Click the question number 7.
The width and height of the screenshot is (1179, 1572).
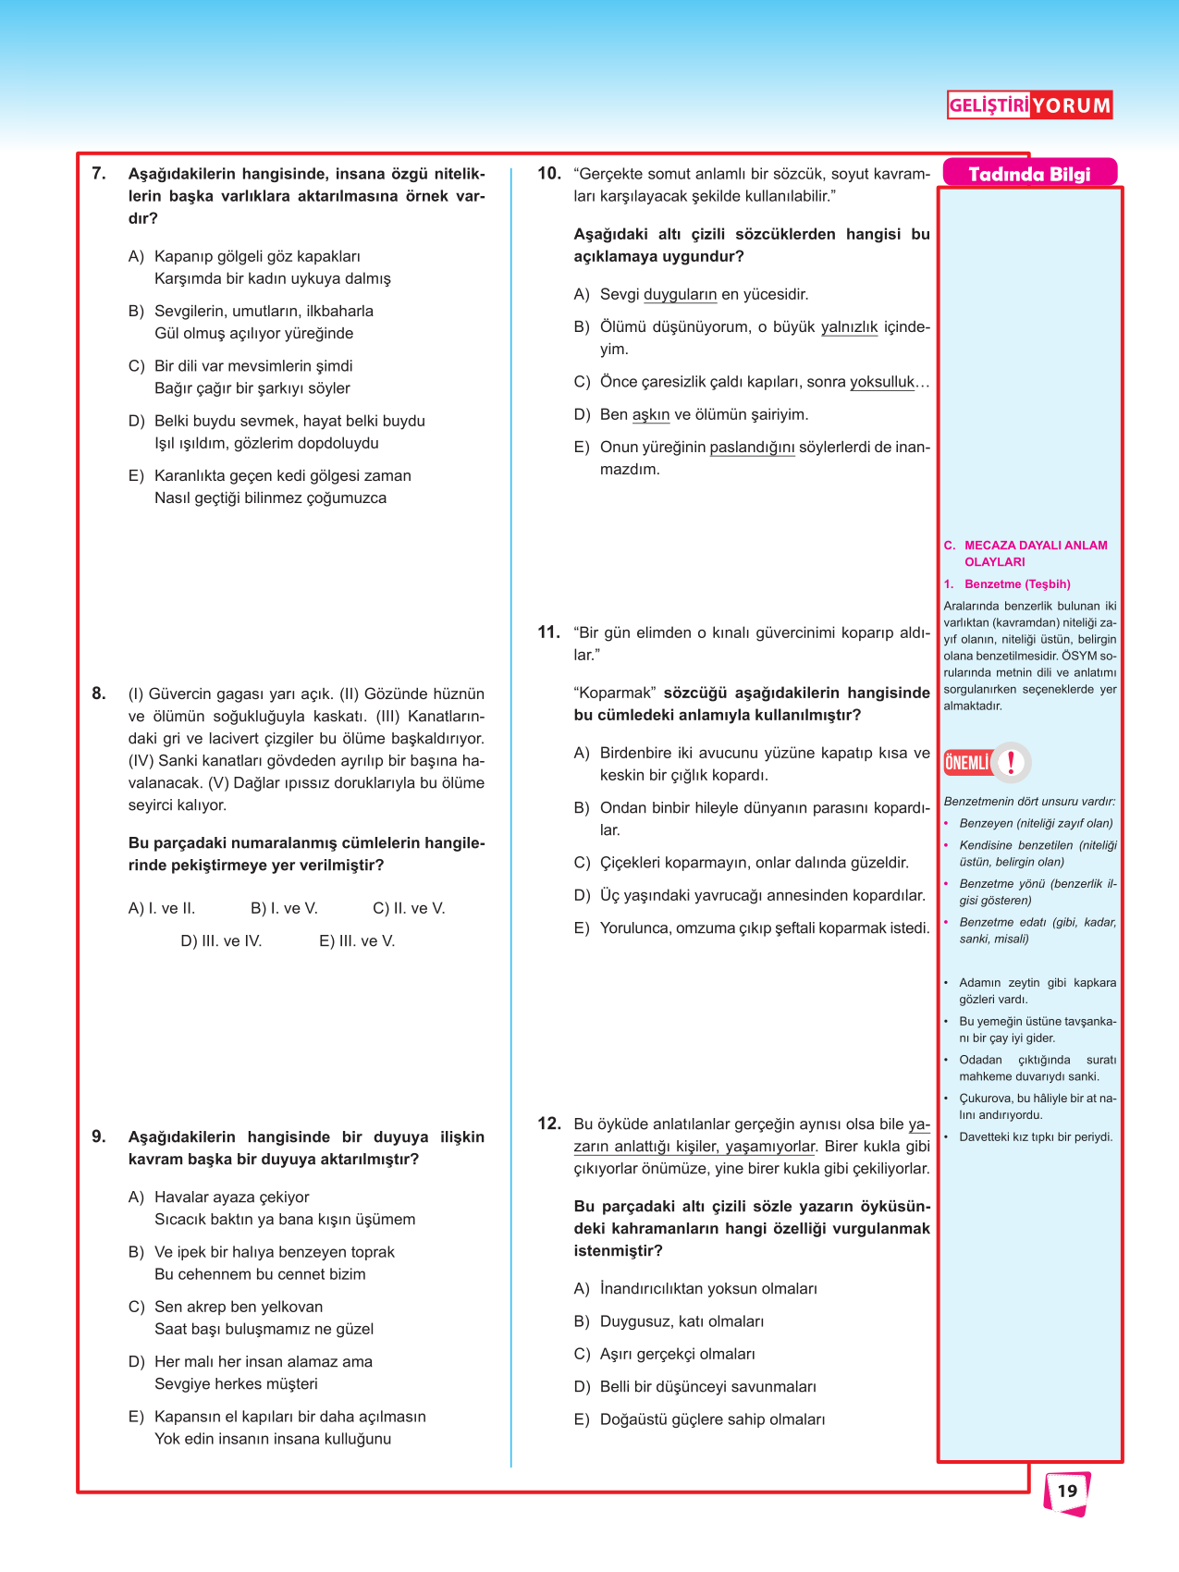(99, 174)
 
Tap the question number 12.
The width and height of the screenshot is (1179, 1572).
(549, 1124)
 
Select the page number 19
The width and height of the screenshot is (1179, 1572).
(1067, 1491)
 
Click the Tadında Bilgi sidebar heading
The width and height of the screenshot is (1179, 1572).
(1029, 174)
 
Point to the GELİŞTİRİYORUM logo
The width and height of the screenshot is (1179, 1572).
(1029, 105)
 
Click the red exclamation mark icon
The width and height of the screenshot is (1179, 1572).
(1012, 763)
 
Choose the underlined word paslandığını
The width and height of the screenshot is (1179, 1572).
(752, 448)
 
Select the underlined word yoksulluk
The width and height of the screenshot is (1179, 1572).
(882, 382)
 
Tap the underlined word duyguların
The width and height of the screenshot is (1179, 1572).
(680, 295)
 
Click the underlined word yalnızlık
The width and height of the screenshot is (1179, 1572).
(849, 327)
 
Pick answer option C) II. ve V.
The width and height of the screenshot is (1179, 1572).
(409, 908)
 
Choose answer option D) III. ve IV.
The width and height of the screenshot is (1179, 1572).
(221, 941)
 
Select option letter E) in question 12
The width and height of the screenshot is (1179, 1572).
(582, 1419)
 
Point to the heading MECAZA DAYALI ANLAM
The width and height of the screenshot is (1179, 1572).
(1036, 546)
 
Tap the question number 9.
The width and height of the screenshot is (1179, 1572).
(99, 1136)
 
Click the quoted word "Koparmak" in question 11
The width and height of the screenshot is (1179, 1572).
(615, 693)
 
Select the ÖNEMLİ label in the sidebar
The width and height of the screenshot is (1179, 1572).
(967, 763)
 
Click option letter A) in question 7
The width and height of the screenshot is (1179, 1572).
(136, 256)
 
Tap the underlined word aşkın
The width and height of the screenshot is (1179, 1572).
(651, 415)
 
